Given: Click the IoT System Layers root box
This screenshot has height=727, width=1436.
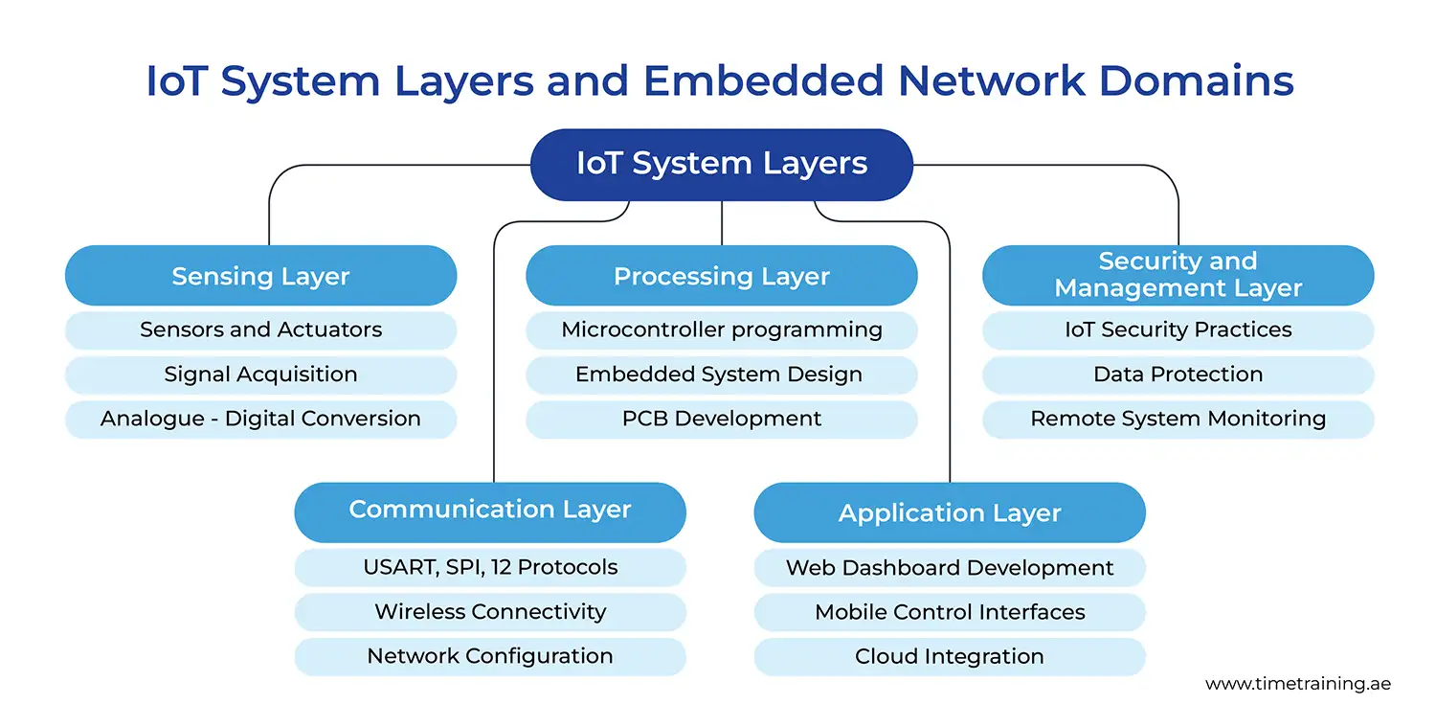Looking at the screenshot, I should [x=721, y=165].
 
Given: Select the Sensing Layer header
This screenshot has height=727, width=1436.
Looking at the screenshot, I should [x=260, y=276].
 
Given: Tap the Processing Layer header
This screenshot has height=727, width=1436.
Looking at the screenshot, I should [x=721, y=276].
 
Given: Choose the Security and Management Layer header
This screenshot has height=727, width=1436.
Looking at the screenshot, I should [x=1178, y=275].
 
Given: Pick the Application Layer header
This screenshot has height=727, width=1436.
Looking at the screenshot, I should [x=950, y=512].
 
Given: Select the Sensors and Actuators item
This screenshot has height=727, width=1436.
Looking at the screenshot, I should [x=260, y=330].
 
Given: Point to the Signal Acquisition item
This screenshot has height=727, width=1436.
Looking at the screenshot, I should [x=260, y=375].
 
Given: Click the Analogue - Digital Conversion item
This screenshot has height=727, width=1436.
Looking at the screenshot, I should [x=260, y=420].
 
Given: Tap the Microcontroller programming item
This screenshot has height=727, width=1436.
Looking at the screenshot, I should [x=721, y=330].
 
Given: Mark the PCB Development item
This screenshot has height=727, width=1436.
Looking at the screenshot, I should [x=721, y=420].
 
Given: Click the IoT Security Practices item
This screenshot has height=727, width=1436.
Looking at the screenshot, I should [x=1178, y=330].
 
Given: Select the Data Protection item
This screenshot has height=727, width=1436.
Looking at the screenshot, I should [x=1178, y=375].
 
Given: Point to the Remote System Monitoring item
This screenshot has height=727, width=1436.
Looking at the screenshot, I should [x=1178, y=420].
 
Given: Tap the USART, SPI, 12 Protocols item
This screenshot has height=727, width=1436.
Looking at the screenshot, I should [x=490, y=567].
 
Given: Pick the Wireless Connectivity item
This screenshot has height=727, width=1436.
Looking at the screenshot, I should [x=490, y=612].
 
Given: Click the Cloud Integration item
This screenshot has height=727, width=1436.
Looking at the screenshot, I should [x=950, y=657].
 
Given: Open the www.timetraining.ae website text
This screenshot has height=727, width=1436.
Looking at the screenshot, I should [x=1297, y=684].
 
